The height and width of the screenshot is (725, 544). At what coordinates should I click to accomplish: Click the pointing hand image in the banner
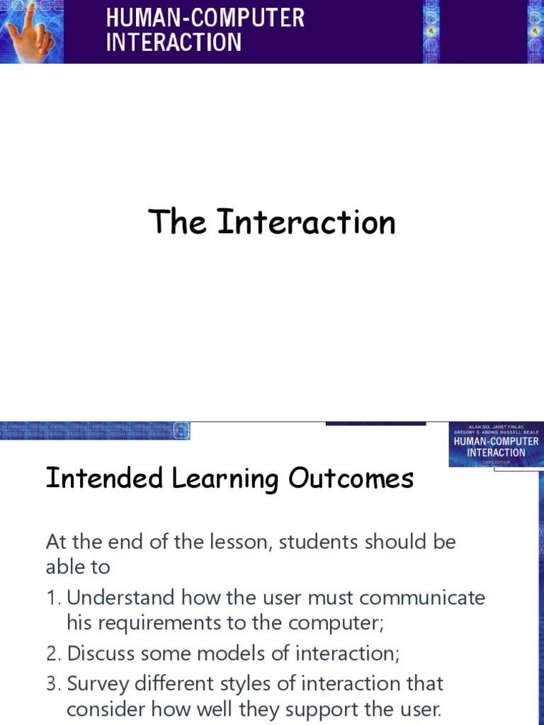(32, 32)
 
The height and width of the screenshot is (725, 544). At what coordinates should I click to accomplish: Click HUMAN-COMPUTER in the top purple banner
(205, 18)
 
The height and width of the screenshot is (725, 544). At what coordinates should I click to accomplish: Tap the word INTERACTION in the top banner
(174, 42)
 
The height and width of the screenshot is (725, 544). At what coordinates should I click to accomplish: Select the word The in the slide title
(177, 222)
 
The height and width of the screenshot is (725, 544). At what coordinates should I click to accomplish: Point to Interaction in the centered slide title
(306, 222)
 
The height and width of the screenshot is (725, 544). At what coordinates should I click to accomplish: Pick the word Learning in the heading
(227, 480)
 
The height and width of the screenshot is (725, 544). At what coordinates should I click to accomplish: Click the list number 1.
(53, 598)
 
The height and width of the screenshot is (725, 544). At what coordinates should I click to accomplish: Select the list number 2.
(54, 653)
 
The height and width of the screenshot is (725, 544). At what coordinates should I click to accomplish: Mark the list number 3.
(54, 684)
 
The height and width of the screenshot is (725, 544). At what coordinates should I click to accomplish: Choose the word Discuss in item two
(99, 653)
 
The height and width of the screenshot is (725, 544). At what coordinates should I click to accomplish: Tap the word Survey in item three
(96, 685)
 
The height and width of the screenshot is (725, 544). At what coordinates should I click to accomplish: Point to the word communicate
(422, 598)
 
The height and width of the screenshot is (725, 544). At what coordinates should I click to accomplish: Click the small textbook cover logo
(495, 444)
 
